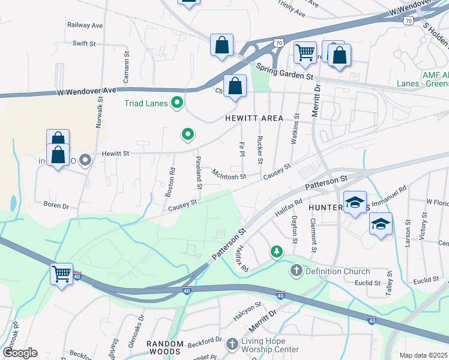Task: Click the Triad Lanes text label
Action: tap(145, 103)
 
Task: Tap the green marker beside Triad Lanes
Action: tap(176, 103)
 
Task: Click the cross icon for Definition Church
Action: tap(295, 271)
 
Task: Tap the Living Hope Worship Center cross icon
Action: tap(232, 344)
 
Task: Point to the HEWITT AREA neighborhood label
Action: tap(253, 118)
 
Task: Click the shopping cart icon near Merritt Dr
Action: tap(305, 52)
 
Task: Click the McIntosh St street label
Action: tap(229, 175)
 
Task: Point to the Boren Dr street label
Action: tap(56, 206)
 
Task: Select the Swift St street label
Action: tap(84, 44)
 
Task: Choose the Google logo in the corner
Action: tap(20, 353)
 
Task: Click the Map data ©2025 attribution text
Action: tap(423, 355)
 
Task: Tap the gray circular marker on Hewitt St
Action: tap(85, 160)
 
